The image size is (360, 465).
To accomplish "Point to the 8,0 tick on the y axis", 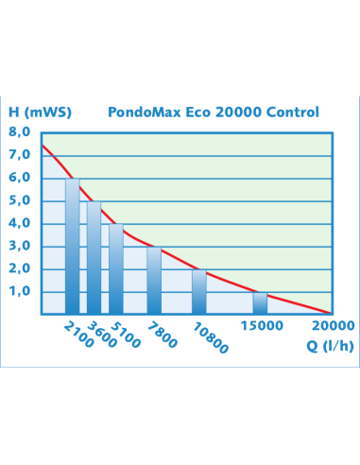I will [x=20, y=132].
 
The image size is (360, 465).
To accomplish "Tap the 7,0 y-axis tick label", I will [x=20, y=155].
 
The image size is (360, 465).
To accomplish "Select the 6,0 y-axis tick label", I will [x=20, y=178].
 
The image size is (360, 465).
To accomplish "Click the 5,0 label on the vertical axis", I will [x=20, y=200].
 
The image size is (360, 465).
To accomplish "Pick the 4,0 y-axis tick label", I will [x=20, y=223].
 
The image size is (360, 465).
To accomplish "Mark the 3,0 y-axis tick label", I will [x=20, y=246].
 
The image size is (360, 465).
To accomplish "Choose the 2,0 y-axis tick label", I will [x=20, y=268].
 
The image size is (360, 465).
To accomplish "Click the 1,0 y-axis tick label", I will [x=20, y=291].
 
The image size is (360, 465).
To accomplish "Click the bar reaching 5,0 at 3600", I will [x=94, y=257].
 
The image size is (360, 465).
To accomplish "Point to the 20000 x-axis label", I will [x=334, y=327].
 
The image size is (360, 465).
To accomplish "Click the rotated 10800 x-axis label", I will [x=210, y=336].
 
